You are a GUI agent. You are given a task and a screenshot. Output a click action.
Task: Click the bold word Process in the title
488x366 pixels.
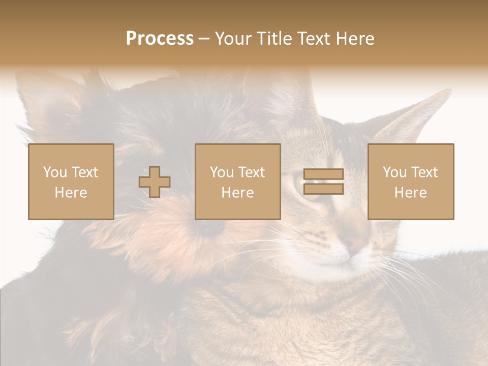point(160,39)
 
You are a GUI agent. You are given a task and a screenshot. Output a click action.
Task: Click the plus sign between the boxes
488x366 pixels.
point(155,181)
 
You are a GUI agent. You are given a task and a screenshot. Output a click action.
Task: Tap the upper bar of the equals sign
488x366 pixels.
point(323,174)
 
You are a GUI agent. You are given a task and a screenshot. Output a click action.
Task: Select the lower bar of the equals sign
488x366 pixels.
point(323,189)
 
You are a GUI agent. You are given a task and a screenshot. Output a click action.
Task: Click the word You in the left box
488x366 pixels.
point(55,172)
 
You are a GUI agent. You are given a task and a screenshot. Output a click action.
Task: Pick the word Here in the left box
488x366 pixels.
point(71,193)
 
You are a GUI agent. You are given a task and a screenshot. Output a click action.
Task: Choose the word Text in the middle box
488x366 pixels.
point(252,172)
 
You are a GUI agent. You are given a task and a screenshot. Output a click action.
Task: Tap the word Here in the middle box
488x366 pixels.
point(237,193)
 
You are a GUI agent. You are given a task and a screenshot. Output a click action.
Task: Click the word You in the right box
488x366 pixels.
point(394,172)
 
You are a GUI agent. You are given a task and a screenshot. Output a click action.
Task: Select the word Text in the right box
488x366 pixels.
point(424,172)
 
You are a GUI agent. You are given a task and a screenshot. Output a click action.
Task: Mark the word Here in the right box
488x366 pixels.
point(410,193)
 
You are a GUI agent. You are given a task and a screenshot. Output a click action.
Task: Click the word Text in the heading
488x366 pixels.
point(311,39)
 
